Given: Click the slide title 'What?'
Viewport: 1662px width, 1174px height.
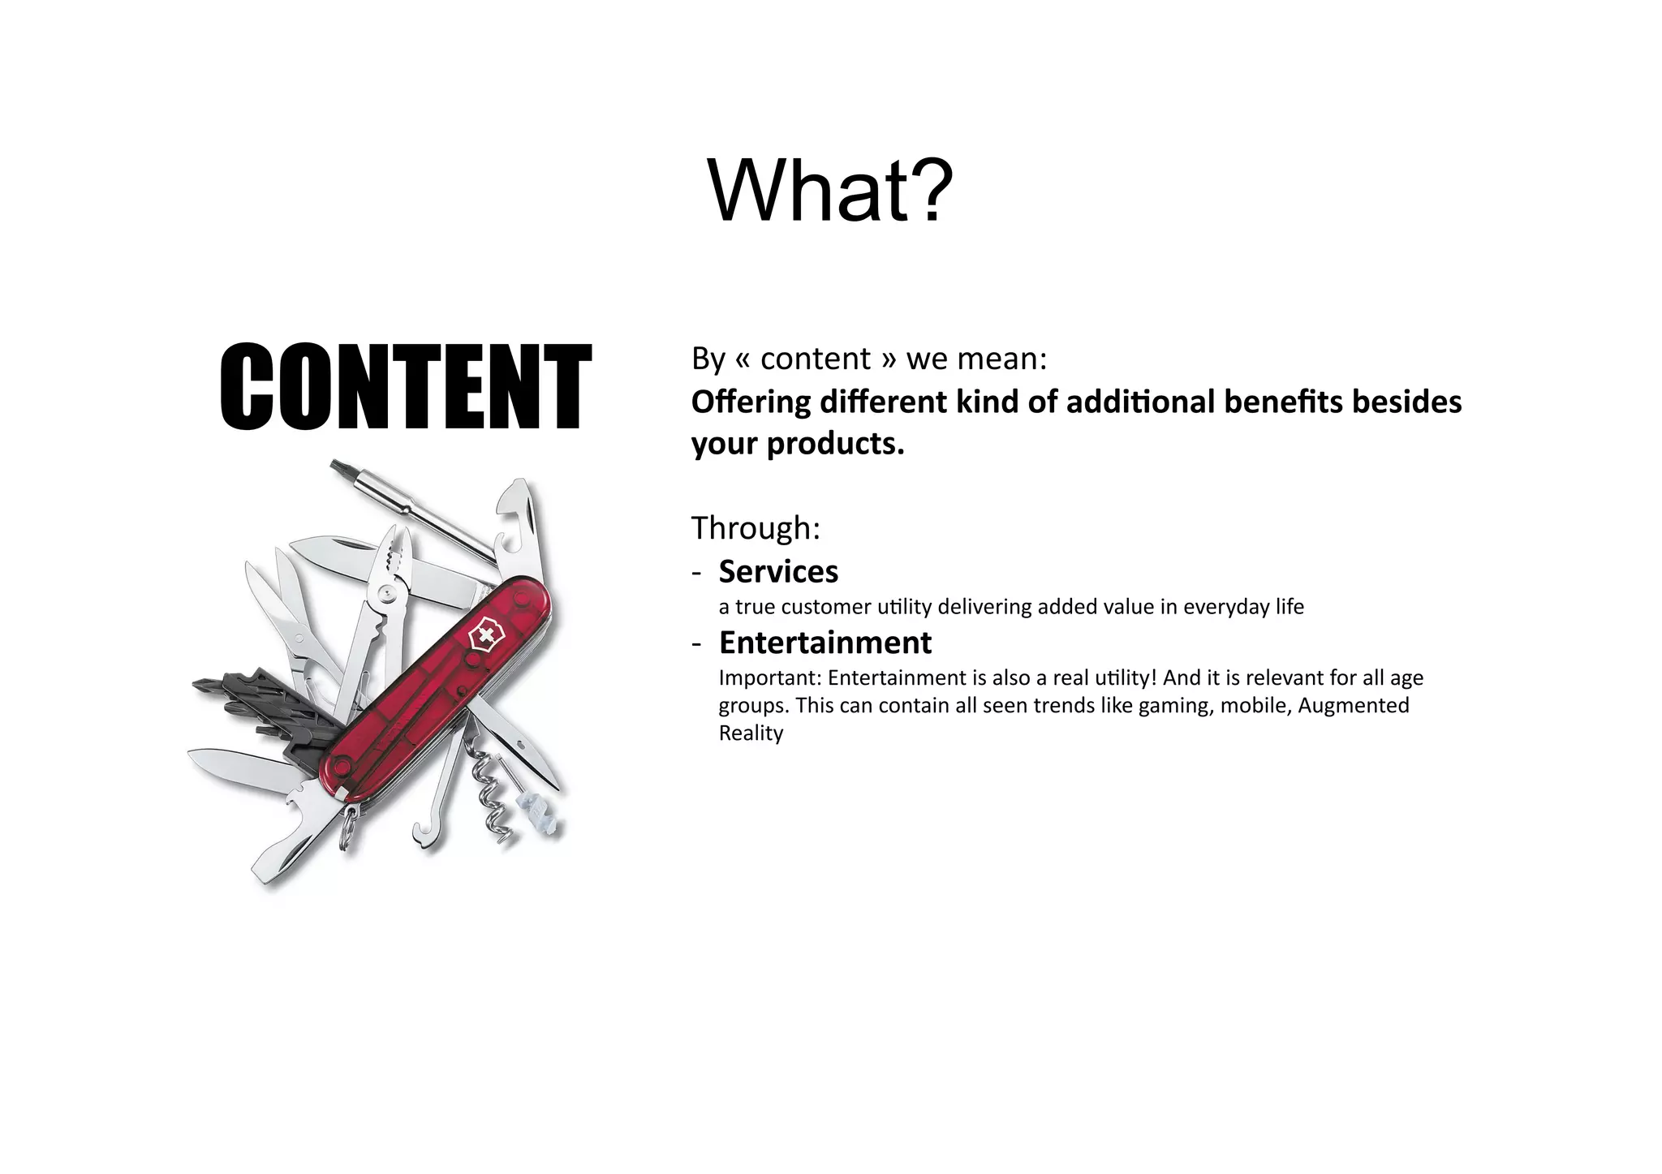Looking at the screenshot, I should [x=830, y=191].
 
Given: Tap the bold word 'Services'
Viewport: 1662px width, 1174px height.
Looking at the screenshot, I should [x=778, y=572].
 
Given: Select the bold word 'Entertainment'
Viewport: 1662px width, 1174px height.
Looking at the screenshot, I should [x=825, y=643].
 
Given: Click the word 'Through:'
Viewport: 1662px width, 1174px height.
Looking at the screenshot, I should [x=756, y=528].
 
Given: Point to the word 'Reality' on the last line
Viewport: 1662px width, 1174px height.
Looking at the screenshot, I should [x=751, y=733].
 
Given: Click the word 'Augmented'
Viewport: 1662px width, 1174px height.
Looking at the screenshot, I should [x=1353, y=706].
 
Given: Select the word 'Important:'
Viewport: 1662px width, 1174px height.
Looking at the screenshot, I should [x=770, y=677].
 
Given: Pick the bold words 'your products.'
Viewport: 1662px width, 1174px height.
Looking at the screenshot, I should [x=798, y=444].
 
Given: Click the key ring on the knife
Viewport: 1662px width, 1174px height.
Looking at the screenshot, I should [x=348, y=828].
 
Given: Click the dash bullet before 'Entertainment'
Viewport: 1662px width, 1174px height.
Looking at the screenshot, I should [x=696, y=643].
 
